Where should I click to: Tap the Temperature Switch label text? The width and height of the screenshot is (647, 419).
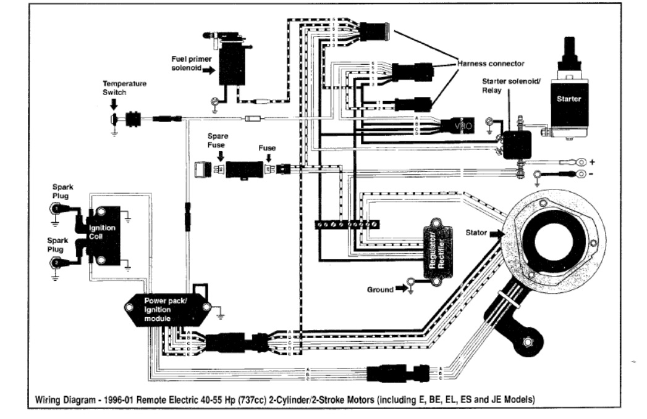124,87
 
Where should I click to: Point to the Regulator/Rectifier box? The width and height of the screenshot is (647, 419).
437,246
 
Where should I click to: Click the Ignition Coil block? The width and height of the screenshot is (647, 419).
101,236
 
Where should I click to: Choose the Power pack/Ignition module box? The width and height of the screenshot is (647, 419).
167,305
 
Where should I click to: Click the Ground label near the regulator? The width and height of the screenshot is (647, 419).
381,288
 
